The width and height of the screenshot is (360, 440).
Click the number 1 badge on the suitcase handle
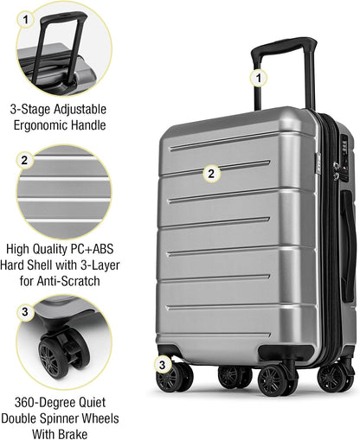[x=257, y=78]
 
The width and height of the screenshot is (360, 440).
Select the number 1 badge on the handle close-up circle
[x=26, y=17]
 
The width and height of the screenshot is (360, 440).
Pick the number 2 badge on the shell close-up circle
[x=26, y=160]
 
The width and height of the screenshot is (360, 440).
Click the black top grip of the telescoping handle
[x=283, y=45]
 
